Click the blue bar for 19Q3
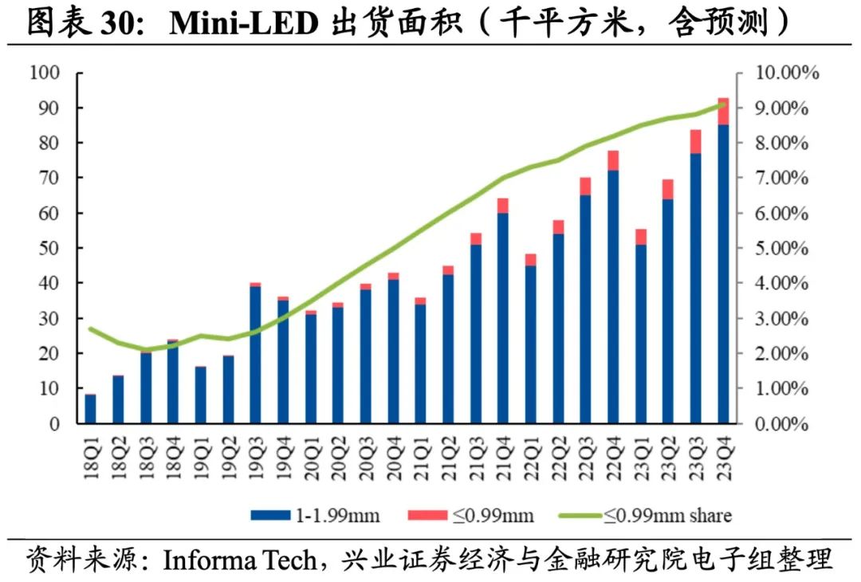point(255,355)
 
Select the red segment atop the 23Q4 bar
point(723,112)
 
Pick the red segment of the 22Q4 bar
point(613,160)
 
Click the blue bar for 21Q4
point(502,319)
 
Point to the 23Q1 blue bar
point(640,335)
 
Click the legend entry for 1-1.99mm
point(316,515)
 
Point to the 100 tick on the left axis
point(45,73)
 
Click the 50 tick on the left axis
point(49,248)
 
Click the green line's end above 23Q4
point(723,104)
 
